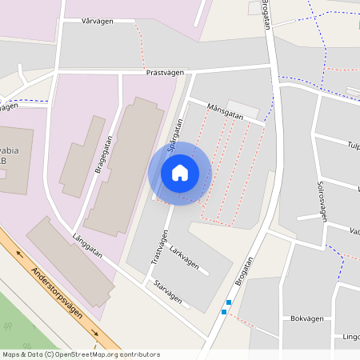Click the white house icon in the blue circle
click(x=179, y=172)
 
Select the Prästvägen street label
click(x=166, y=72)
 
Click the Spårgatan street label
click(x=176, y=133)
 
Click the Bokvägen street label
click(x=307, y=318)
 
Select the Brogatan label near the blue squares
click(x=245, y=272)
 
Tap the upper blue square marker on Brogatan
click(x=229, y=302)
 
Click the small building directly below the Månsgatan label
click(x=243, y=109)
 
